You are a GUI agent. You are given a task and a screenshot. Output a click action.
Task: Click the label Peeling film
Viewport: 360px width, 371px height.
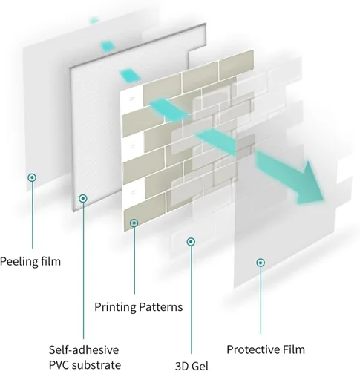pyautogui.click(x=30, y=262)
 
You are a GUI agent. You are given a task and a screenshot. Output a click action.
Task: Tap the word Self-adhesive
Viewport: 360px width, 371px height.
pyautogui.click(x=84, y=350)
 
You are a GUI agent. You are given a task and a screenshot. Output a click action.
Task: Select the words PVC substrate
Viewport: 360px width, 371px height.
pyautogui.click(x=85, y=365)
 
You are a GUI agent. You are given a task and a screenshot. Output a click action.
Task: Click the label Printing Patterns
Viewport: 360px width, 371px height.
pyautogui.click(x=139, y=307)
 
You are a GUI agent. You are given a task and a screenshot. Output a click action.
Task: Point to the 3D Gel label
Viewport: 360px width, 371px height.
pyautogui.click(x=192, y=366)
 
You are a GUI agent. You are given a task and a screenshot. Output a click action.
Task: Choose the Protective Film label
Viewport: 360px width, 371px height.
pyautogui.click(x=266, y=349)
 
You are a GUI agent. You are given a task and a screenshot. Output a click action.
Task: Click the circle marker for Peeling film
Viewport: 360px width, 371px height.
pyautogui.click(x=32, y=177)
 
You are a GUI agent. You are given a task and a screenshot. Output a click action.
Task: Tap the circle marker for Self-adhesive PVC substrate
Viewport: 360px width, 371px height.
pyautogui.click(x=83, y=198)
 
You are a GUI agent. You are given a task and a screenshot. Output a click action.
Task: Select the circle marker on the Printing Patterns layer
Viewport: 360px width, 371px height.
pyautogui.click(x=134, y=223)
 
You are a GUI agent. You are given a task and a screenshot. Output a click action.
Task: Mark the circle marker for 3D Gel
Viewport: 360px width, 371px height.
pyautogui.click(x=191, y=242)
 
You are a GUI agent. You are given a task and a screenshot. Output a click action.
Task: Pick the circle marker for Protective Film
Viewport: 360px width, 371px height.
pyautogui.click(x=261, y=263)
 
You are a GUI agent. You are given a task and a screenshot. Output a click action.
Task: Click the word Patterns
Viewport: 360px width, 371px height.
pyautogui.click(x=161, y=307)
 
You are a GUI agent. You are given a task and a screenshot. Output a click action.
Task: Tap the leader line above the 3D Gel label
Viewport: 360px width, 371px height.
pyautogui.click(x=191, y=300)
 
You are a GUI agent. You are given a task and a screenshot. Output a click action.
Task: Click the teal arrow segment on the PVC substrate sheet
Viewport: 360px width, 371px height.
pyautogui.click(x=129, y=76)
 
